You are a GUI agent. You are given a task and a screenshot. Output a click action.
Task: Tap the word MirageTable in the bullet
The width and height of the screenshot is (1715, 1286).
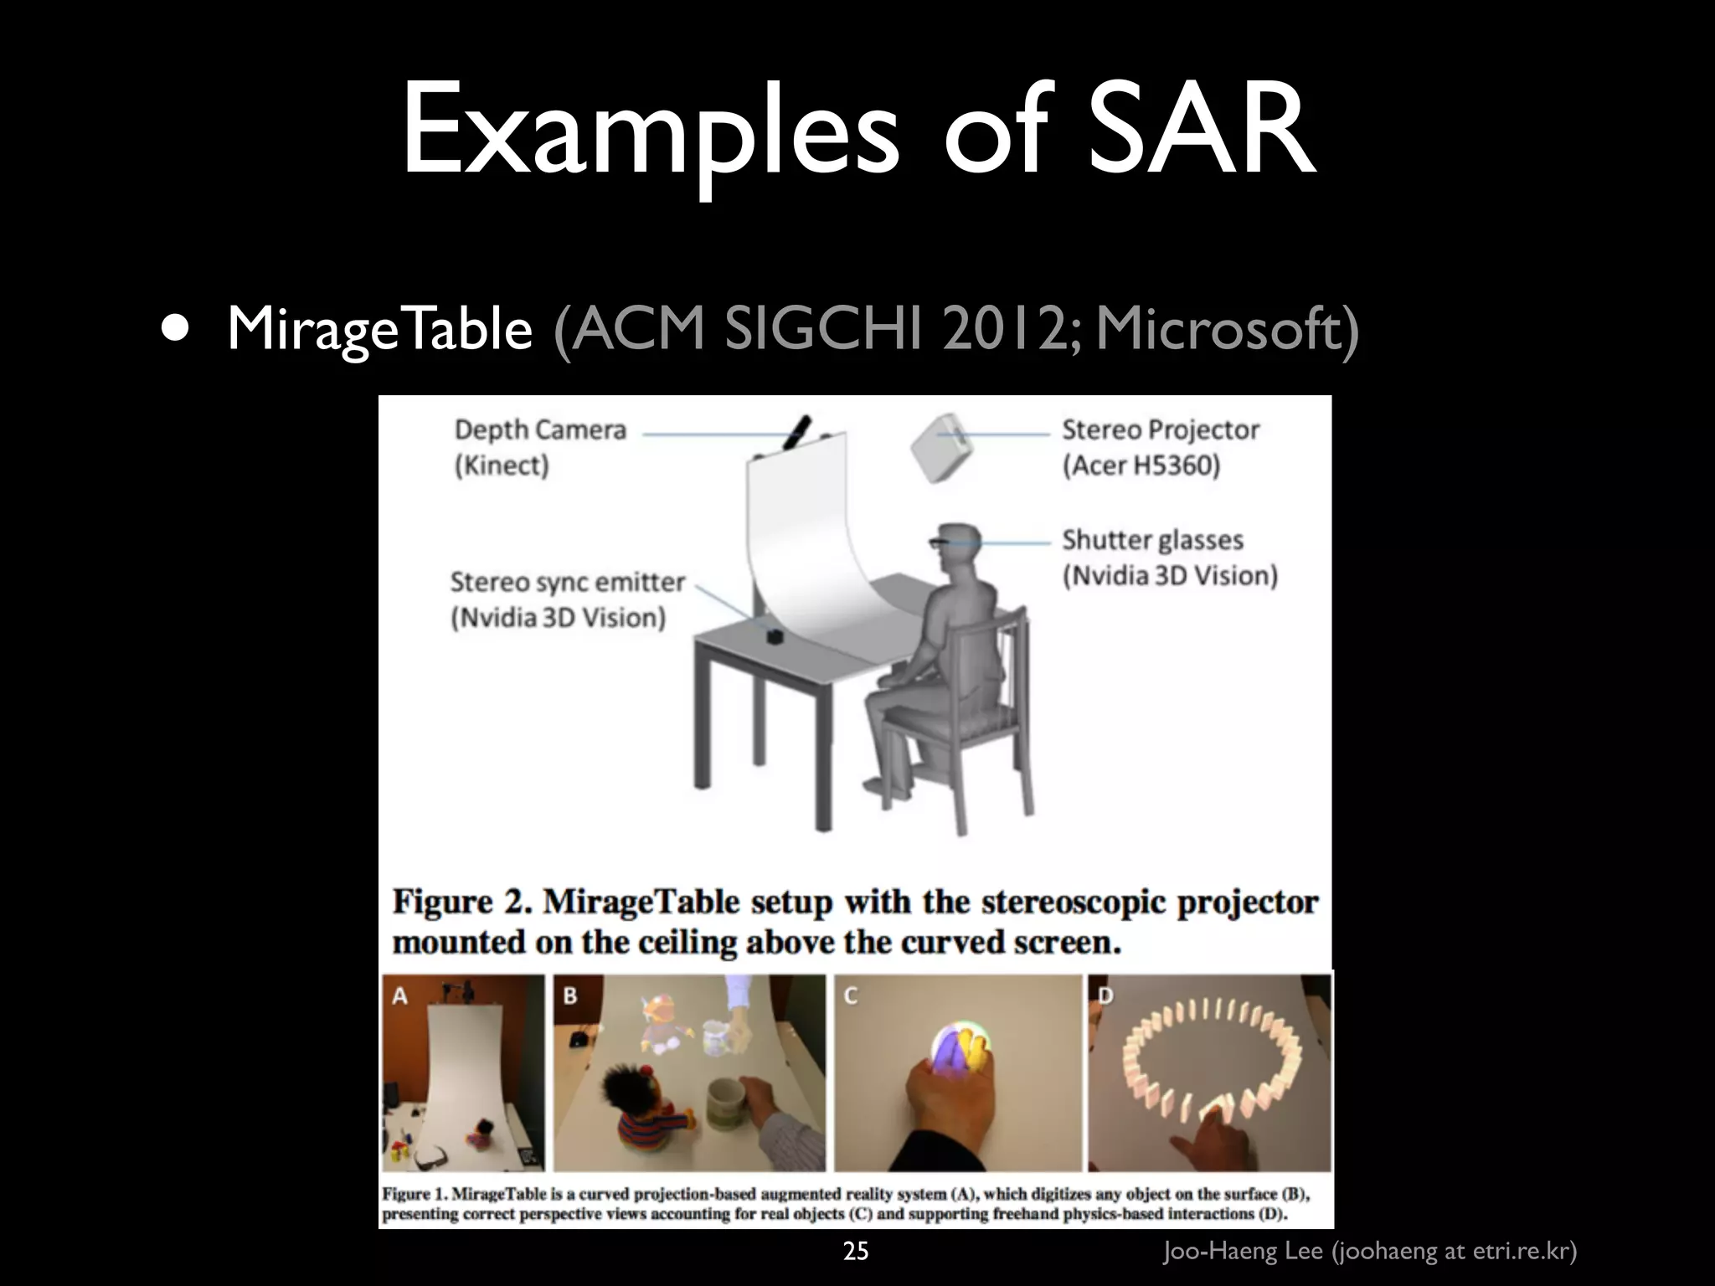click(379, 328)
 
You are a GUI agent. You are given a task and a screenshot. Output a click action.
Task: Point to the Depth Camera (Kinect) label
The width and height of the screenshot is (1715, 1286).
click(539, 447)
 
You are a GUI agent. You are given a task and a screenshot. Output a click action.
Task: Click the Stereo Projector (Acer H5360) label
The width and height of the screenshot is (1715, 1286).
click(1160, 447)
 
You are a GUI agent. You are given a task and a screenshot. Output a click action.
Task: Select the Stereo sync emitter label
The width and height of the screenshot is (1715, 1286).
click(566, 599)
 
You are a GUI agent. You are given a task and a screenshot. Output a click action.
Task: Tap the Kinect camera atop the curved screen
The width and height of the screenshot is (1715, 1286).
click(796, 432)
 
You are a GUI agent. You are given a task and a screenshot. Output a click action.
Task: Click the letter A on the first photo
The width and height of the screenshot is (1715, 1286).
click(400, 995)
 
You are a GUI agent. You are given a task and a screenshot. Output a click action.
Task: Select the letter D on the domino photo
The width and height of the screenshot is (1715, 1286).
click(1105, 995)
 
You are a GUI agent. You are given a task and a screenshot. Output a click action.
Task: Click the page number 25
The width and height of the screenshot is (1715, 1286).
click(856, 1251)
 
